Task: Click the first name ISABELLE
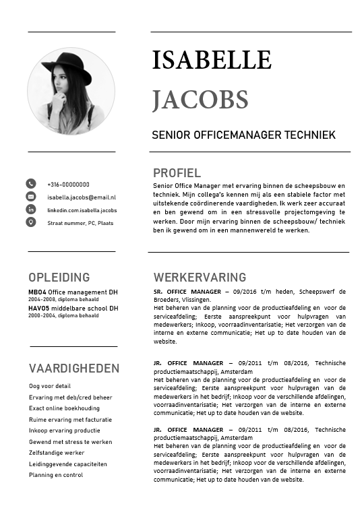tap(212, 61)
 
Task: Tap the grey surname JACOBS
tap(200, 100)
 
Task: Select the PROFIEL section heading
tap(177, 172)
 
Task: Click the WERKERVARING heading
tap(200, 278)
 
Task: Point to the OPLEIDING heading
tap(59, 278)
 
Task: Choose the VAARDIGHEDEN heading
tap(73, 369)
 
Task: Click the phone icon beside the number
tap(31, 184)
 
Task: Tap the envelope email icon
tap(31, 197)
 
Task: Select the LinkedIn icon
tap(31, 210)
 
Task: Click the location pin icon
tap(31, 222)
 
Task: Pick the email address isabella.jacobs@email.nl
tap(82, 197)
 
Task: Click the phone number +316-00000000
tap(68, 185)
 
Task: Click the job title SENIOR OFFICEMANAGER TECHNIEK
tap(243, 135)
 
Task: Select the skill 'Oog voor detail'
tap(49, 386)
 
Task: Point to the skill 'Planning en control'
tap(56, 475)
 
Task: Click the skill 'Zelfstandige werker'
tap(57, 453)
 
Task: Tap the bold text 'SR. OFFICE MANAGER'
tap(187, 292)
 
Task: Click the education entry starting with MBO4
tap(73, 292)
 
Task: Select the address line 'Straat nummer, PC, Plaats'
tap(80, 223)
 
